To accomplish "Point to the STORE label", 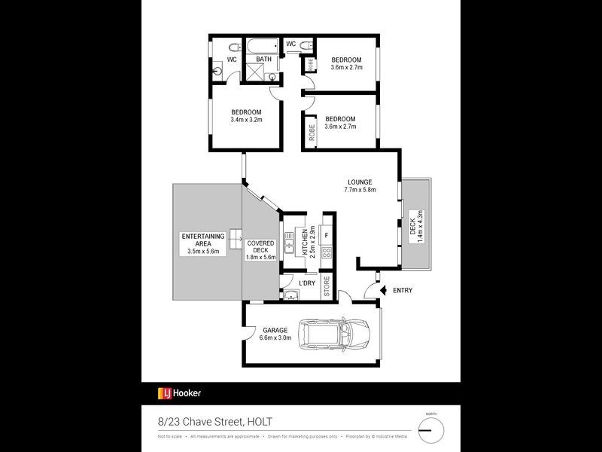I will (x=327, y=288).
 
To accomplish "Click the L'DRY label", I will (x=306, y=282).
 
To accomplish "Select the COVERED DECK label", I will (x=261, y=250).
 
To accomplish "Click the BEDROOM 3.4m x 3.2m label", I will (x=246, y=115).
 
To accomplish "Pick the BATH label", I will (x=263, y=59).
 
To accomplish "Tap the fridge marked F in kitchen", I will (x=327, y=235).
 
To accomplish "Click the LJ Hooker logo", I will (x=179, y=392).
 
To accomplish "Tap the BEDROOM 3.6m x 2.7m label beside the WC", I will (x=347, y=63).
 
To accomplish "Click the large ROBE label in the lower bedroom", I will (x=312, y=133).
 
